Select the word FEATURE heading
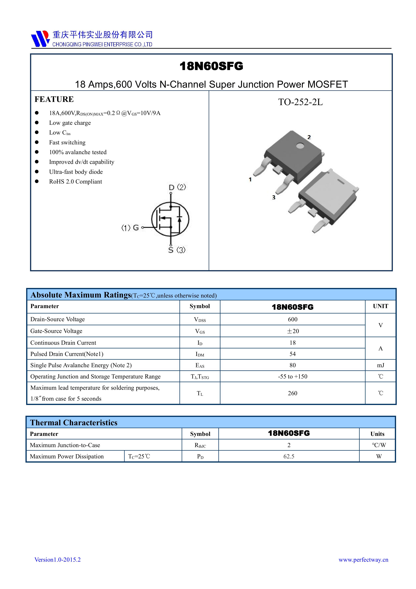point(54,99)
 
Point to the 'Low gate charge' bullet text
point(70,123)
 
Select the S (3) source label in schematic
point(177,250)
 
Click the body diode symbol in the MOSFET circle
point(179,219)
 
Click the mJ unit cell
point(380,365)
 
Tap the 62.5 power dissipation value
point(289,456)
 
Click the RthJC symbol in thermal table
point(200,445)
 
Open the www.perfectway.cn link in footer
point(363,560)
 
